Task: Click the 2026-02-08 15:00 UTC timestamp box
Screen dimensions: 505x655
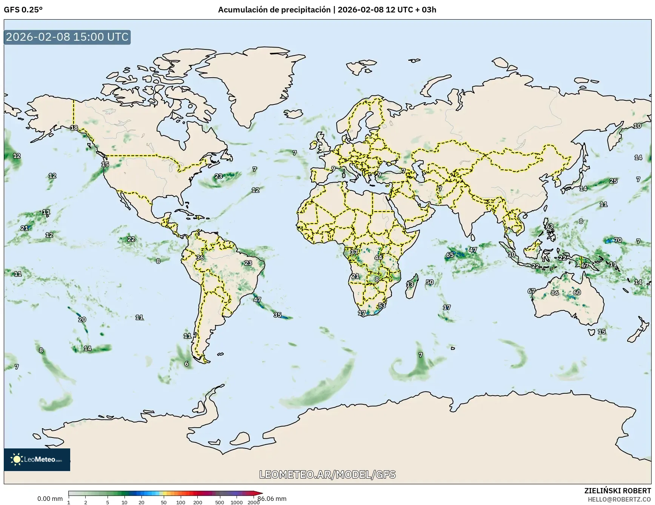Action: coord(67,37)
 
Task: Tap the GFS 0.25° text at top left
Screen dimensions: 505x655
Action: coord(23,10)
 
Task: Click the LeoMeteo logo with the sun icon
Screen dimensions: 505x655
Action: coord(37,459)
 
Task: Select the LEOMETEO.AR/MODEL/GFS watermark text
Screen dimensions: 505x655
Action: coord(327,474)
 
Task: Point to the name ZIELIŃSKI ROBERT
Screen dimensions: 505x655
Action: coord(617,491)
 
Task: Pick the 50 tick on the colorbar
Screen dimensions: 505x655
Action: coord(163,502)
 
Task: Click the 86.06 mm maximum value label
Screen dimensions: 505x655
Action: coord(272,499)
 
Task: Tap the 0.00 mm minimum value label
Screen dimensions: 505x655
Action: coord(50,499)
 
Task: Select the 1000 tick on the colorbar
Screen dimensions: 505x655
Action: coord(237,502)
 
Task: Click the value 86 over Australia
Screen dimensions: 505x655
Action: coord(555,293)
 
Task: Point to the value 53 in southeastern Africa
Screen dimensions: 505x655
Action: coord(382,305)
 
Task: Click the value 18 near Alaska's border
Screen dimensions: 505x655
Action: coord(74,128)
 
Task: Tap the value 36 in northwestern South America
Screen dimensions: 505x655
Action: coord(200,258)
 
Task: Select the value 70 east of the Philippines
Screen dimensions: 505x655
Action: coord(618,240)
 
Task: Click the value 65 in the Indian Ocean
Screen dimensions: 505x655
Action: coord(450,255)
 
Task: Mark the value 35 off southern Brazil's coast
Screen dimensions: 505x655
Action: coord(277,315)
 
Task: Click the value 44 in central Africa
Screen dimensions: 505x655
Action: coord(378,258)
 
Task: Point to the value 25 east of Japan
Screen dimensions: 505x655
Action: coord(613,181)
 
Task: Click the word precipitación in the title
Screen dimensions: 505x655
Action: coord(305,10)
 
